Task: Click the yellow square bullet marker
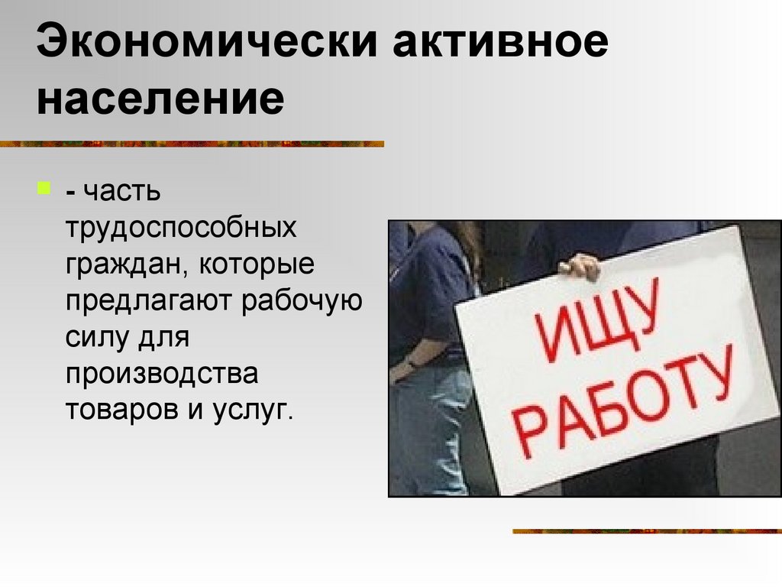coord(44,187)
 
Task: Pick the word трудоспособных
coord(180,228)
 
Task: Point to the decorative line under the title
coord(191,144)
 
